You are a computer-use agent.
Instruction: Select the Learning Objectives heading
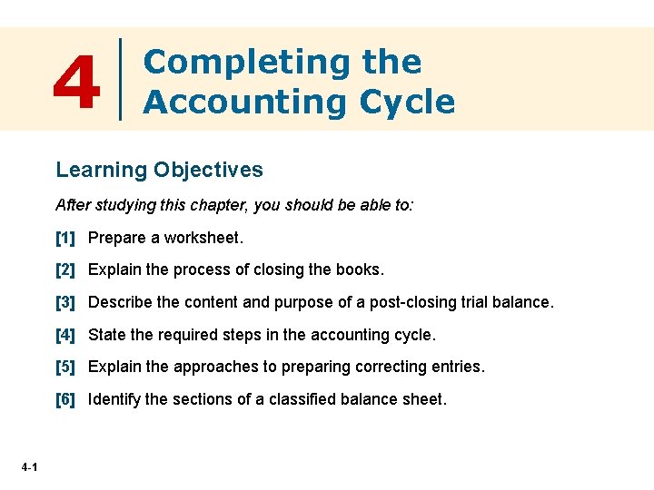(x=159, y=170)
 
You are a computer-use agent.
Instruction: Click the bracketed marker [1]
(x=65, y=239)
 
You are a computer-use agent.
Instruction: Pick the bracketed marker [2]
(x=65, y=270)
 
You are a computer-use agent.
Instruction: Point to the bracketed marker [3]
(x=65, y=302)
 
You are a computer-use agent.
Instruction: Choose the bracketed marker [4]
(x=65, y=335)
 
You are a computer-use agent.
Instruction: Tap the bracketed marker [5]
(x=65, y=367)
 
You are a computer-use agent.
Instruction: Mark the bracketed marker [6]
(x=65, y=399)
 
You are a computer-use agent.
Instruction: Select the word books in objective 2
(x=358, y=270)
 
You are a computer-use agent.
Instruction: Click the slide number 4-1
(x=27, y=467)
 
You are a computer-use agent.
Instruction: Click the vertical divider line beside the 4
(x=122, y=79)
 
